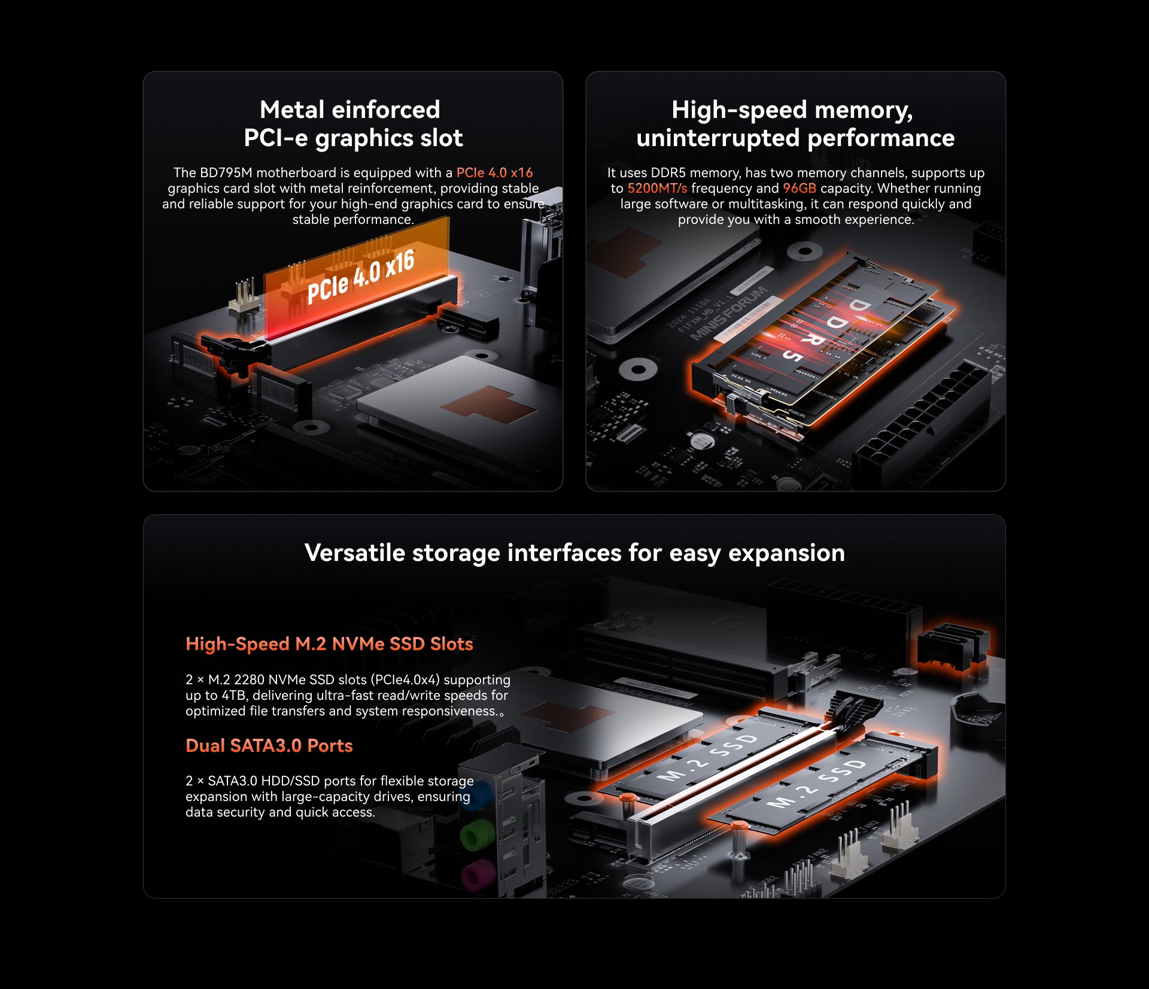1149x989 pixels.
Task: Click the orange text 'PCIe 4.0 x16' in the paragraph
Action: pos(494,172)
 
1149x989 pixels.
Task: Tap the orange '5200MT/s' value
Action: pos(657,188)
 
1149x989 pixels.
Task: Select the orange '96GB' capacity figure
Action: pos(800,188)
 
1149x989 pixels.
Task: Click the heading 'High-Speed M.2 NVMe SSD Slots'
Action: pos(329,644)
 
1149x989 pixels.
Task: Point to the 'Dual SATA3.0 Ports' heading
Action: pos(269,745)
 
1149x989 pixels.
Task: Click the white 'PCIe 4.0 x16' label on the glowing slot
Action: pos(361,276)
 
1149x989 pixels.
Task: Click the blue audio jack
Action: pos(477,796)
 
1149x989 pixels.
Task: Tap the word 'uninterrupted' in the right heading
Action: pos(718,138)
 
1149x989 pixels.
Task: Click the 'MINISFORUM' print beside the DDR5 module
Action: pos(729,313)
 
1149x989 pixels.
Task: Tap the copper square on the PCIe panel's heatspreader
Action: pos(488,405)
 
